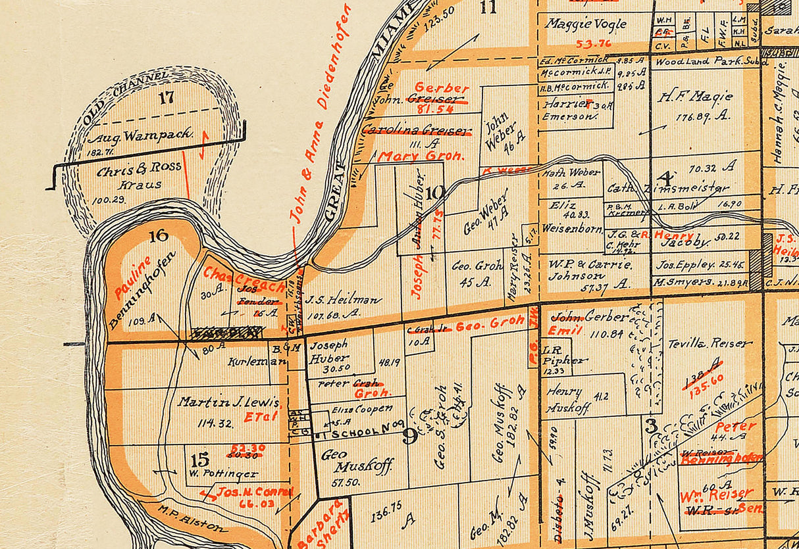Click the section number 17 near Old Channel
(167, 98)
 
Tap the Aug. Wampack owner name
(141, 136)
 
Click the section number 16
(159, 235)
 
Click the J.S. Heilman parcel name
(343, 300)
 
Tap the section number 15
(199, 459)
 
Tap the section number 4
(666, 177)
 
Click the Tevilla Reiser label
(709, 343)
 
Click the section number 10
(436, 193)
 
